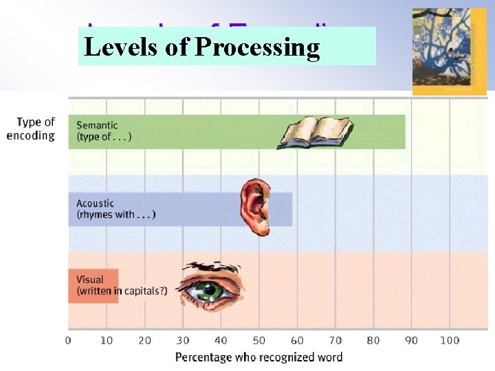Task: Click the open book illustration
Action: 315,132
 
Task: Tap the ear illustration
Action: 256,206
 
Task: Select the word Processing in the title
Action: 257,47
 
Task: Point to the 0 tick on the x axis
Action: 67,340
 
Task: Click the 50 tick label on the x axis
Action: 258,340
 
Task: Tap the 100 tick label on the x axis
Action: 450,340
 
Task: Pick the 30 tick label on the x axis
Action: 182,340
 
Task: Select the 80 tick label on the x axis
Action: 373,340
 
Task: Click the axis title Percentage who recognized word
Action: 258,357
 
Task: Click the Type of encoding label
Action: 31,128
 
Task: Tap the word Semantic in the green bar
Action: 97,125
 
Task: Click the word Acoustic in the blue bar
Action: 95,203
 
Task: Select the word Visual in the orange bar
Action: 90,280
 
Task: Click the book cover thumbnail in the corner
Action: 449,52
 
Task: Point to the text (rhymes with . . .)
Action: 116,214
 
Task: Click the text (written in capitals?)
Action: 122,291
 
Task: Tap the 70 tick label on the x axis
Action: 335,340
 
